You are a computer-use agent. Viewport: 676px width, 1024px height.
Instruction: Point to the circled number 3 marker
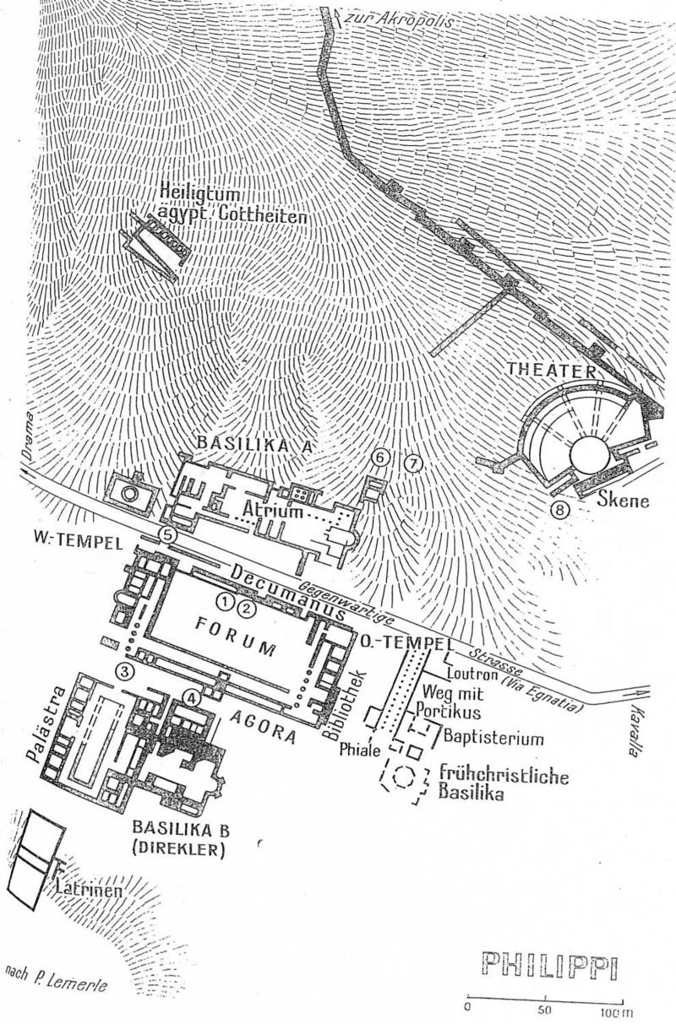pyautogui.click(x=125, y=671)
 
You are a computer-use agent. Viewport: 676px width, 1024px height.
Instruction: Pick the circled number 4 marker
pyautogui.click(x=194, y=697)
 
